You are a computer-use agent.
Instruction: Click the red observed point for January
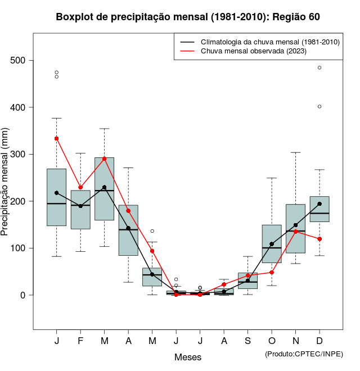pyautogui.click(x=57, y=138)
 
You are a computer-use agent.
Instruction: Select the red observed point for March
pyautogui.click(x=104, y=159)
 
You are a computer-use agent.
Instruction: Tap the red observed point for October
pyautogui.click(x=272, y=273)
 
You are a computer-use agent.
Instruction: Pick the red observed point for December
pyautogui.click(x=319, y=239)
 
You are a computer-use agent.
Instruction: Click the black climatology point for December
pyautogui.click(x=319, y=204)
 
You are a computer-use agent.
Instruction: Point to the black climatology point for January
pyautogui.click(x=57, y=193)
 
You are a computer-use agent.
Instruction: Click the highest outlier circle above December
pyautogui.click(x=319, y=67)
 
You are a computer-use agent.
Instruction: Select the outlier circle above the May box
pyautogui.click(x=152, y=231)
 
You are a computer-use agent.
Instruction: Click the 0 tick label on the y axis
pyautogui.click(x=23, y=295)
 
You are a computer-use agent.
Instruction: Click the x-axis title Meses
pyautogui.click(x=188, y=357)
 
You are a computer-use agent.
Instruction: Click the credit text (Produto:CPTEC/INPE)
pyautogui.click(x=304, y=354)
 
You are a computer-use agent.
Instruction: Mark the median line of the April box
pyautogui.click(x=128, y=230)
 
